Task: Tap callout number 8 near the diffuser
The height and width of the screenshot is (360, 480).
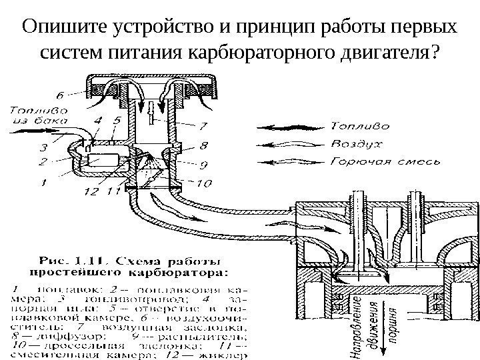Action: tap(203, 143)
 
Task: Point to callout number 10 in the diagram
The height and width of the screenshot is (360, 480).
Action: tap(204, 182)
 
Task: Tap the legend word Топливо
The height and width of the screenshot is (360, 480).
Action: tap(357, 125)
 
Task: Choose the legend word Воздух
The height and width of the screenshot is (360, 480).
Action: tap(357, 143)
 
